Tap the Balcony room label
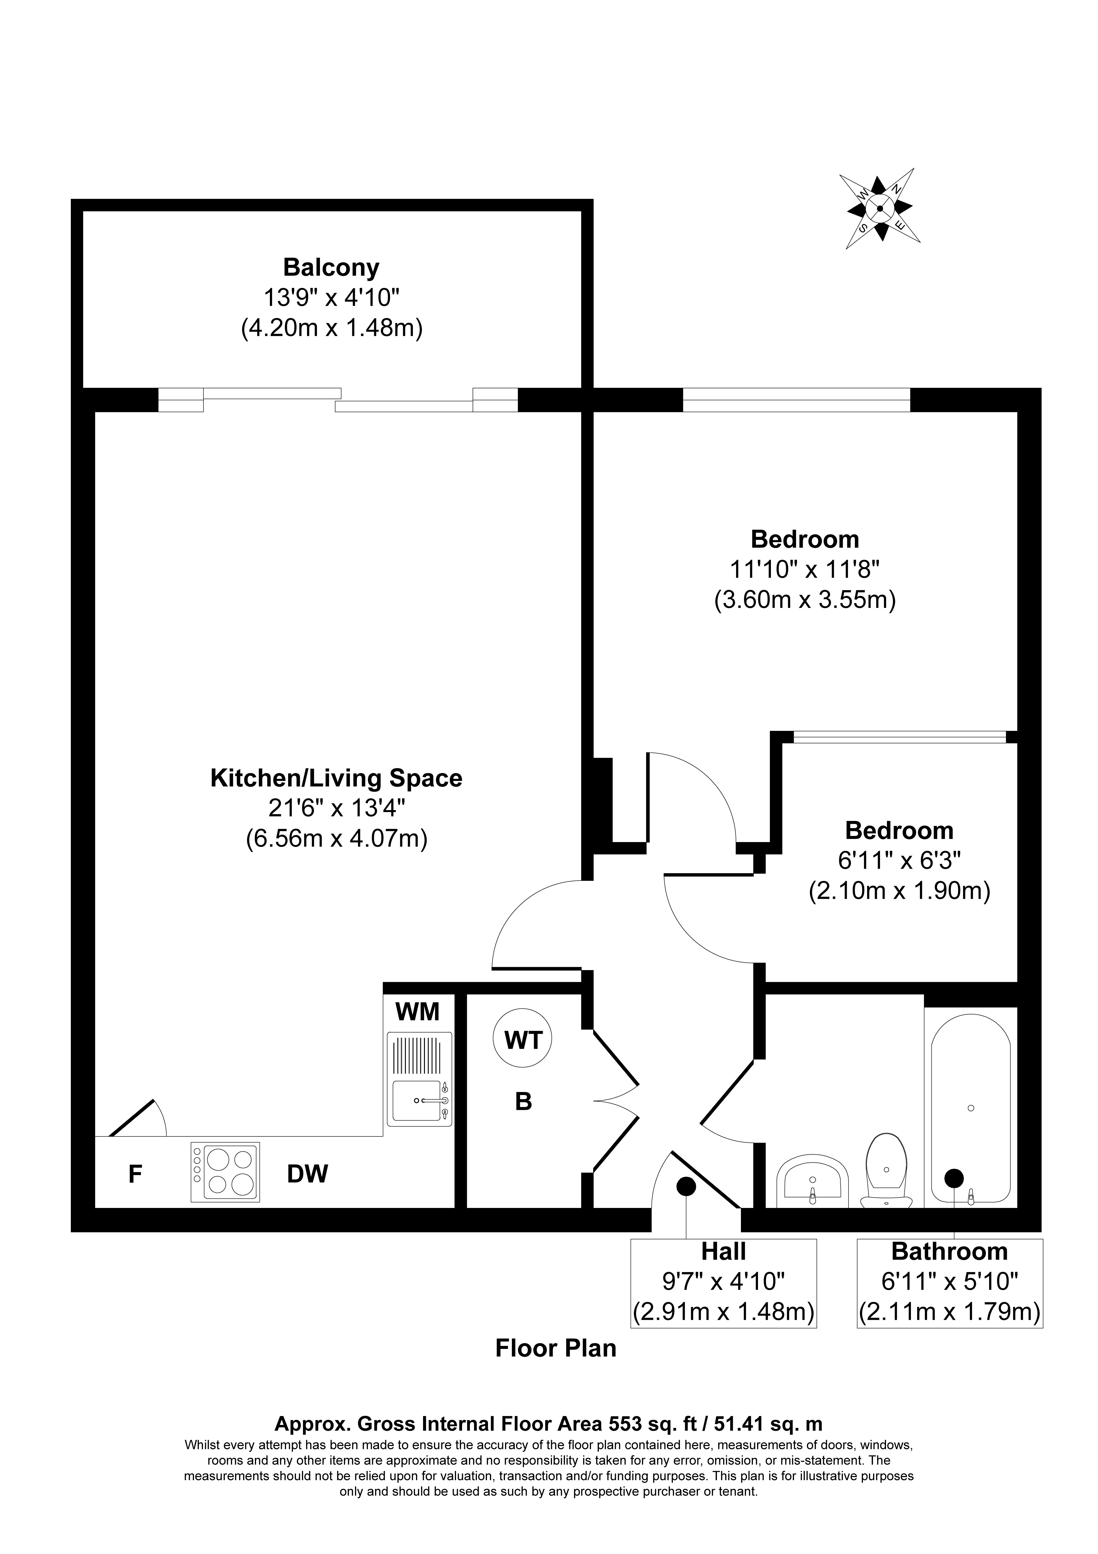coord(331,267)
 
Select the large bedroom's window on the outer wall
coord(797,399)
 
